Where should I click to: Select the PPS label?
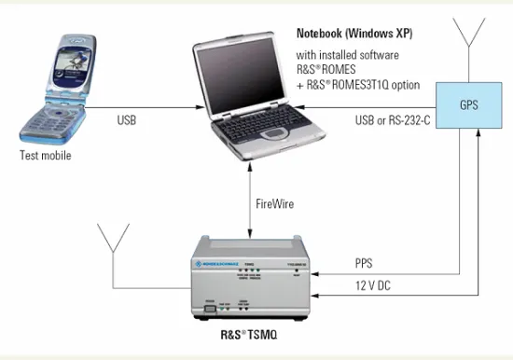pos(365,264)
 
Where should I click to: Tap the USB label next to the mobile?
pos(128,119)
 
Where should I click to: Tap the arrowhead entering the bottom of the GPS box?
pos(476,136)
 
